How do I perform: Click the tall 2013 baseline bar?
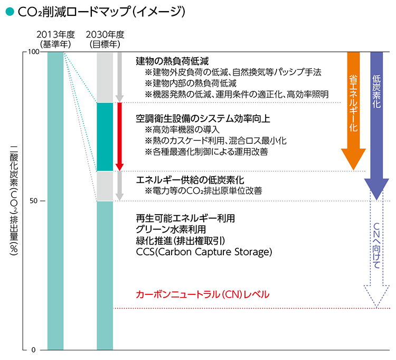55,201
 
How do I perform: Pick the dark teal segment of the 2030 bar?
105,136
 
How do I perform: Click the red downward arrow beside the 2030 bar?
119,136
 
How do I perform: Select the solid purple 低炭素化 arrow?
377,122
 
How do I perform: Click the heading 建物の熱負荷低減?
173,61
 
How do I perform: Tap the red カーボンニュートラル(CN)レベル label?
203,294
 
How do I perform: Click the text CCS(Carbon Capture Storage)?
204,252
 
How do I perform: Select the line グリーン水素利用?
171,229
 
